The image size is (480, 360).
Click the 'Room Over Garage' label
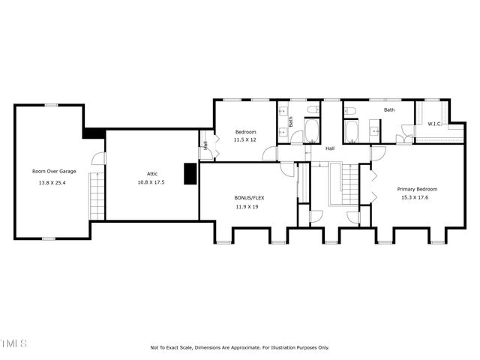[x=53, y=171]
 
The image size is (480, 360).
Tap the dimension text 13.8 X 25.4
[x=53, y=182]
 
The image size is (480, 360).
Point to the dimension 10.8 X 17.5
[x=151, y=182]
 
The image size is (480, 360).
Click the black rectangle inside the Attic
[x=190, y=173]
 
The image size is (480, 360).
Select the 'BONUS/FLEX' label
[x=250, y=198]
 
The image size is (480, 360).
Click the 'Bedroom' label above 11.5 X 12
[x=245, y=132]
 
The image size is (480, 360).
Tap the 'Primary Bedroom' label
[x=417, y=189]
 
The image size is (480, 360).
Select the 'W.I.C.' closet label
[x=434, y=124]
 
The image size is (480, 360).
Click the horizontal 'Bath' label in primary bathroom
[x=389, y=110]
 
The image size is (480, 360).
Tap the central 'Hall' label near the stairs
[x=329, y=148]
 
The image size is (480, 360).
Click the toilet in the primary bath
[x=350, y=112]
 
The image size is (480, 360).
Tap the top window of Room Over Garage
[x=51, y=104]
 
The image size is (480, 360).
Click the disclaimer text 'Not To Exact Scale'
[x=171, y=348]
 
